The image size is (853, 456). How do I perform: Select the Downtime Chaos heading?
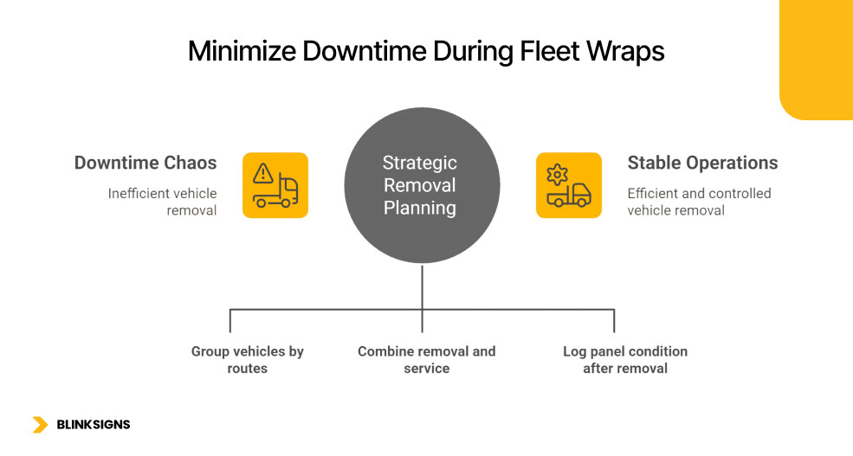(x=145, y=163)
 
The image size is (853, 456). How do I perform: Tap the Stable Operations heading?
(x=702, y=163)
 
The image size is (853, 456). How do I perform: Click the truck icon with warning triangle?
(x=275, y=185)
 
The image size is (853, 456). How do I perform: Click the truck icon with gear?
(x=568, y=185)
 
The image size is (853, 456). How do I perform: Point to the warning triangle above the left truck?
(x=263, y=173)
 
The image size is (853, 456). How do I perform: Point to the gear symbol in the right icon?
(x=557, y=173)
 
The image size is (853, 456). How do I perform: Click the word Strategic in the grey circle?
(x=420, y=163)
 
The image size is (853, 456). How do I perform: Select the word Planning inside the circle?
(x=420, y=208)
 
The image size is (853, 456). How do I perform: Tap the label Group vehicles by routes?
(x=248, y=360)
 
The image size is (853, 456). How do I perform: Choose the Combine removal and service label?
(x=426, y=360)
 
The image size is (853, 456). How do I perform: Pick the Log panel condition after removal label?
(x=624, y=360)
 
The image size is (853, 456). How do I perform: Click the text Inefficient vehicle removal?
(x=162, y=202)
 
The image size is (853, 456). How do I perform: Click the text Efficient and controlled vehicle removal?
(x=698, y=202)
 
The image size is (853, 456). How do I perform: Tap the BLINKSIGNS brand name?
(x=93, y=425)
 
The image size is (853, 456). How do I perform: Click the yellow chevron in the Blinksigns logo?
(x=40, y=425)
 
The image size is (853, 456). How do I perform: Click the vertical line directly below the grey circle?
(x=422, y=286)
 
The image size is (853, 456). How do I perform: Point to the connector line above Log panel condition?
(x=614, y=320)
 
